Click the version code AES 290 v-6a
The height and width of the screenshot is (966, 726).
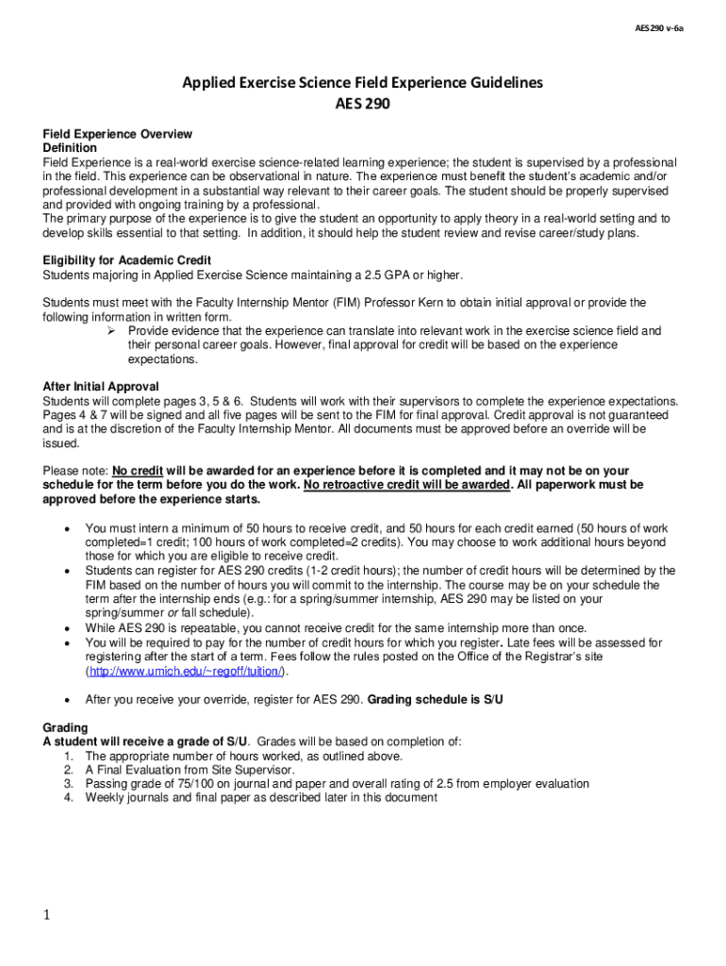click(x=659, y=28)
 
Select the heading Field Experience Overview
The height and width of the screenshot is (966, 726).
click(x=118, y=135)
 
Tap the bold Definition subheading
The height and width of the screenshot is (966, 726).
click(x=70, y=149)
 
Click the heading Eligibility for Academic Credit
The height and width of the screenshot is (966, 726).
click(x=127, y=260)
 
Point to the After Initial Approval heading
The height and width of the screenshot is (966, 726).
click(x=101, y=387)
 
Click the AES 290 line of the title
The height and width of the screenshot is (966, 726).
click(x=363, y=104)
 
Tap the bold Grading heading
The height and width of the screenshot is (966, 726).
click(x=65, y=727)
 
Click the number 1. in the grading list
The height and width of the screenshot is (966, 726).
click(x=69, y=756)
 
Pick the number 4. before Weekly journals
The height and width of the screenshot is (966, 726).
click(x=69, y=797)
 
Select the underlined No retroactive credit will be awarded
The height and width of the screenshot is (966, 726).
click(x=407, y=485)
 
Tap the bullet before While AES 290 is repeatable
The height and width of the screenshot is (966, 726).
click(x=66, y=628)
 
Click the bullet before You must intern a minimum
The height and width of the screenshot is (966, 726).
click(x=66, y=528)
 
